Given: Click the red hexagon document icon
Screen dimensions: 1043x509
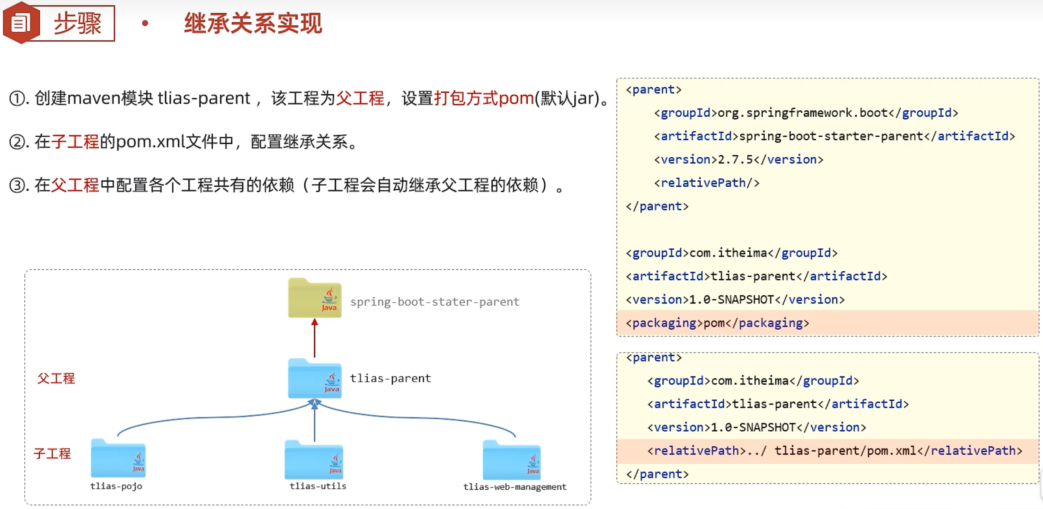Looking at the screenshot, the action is pyautogui.click(x=21, y=23).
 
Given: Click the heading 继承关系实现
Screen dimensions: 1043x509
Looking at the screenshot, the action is pyautogui.click(x=253, y=23).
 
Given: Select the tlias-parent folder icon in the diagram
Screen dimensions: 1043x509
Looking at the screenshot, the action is pyautogui.click(x=315, y=378).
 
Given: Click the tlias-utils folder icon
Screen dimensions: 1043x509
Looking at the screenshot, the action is pyautogui.click(x=314, y=460).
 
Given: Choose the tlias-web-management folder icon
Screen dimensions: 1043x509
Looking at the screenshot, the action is pyautogui.click(x=512, y=460).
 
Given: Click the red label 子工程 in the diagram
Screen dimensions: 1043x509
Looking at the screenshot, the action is pyautogui.click(x=52, y=453).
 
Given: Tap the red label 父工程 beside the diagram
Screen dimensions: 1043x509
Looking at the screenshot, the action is pyautogui.click(x=56, y=378).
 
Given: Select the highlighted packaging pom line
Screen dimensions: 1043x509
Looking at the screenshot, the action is pyautogui.click(x=717, y=323).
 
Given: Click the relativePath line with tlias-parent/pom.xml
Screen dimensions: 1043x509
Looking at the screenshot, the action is pyautogui.click(x=834, y=451).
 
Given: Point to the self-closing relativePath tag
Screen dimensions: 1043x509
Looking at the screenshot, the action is pyautogui.click(x=707, y=183).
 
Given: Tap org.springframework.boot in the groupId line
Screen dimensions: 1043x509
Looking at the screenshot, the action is pyautogui.click(x=802, y=113).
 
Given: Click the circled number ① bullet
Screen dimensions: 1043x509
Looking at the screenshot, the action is pyautogui.click(x=17, y=98).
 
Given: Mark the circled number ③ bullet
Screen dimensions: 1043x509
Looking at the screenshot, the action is pyautogui.click(x=17, y=185).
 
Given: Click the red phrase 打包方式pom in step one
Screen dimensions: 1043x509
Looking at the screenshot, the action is pyautogui.click(x=484, y=98).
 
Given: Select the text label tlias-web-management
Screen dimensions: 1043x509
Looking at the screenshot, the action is pyautogui.click(x=515, y=487).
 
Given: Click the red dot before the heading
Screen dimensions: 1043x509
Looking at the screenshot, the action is pyautogui.click(x=145, y=23).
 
